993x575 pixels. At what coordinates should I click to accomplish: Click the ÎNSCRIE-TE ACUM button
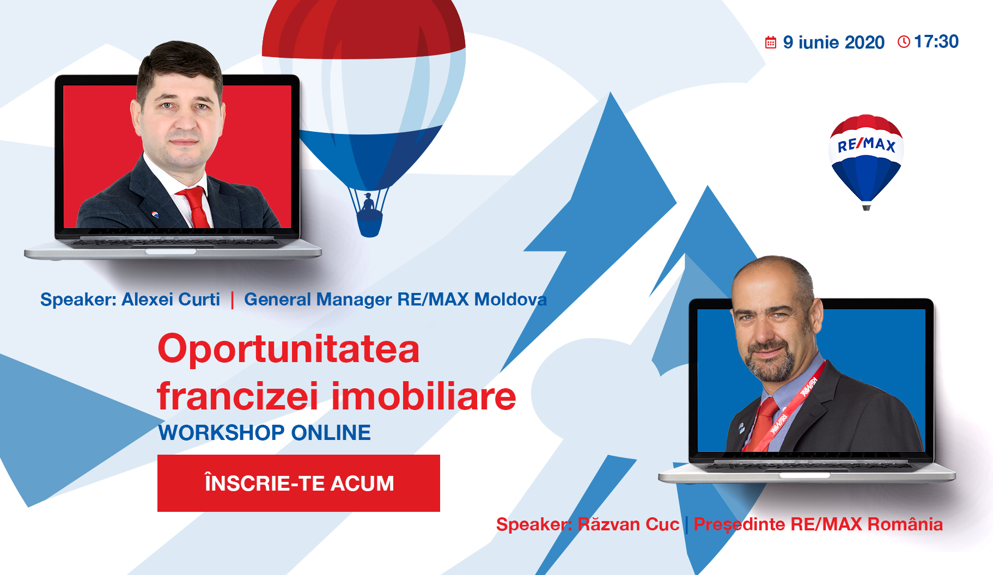pos(298,483)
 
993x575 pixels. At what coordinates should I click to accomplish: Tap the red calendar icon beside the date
pos(770,42)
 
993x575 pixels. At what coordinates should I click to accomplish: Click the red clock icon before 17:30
pos(904,41)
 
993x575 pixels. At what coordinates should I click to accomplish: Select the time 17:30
pos(936,41)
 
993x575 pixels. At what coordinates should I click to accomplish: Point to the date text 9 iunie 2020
pos(833,42)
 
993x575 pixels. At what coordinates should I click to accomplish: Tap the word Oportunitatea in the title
pos(289,349)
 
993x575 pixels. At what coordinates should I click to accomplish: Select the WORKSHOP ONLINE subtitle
pos(264,433)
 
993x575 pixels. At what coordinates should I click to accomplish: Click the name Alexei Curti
pos(170,299)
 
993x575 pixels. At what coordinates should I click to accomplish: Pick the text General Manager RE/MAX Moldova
pos(395,299)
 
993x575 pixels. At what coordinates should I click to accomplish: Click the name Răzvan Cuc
pos(628,524)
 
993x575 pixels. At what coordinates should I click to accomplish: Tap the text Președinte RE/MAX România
pos(818,524)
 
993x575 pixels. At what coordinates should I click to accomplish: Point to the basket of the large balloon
pos(369,224)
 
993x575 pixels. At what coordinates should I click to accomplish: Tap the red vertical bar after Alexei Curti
pos(233,300)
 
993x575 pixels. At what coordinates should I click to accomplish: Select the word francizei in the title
pos(237,396)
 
